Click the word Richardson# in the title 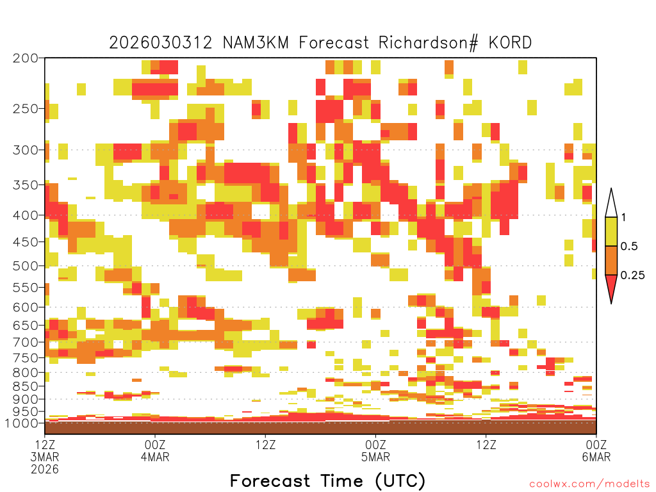click(428, 43)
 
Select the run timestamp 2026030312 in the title click(161, 43)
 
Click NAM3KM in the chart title click(256, 43)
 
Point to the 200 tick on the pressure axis click(26, 58)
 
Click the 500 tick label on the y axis click(26, 266)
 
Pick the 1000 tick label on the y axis click(21, 423)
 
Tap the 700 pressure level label click(26, 342)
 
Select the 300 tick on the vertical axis click(26, 150)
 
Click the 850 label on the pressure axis click(26, 386)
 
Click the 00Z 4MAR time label click(155, 450)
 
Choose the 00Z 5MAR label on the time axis click(375, 450)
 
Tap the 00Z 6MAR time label click(596, 450)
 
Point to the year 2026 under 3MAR click(45, 469)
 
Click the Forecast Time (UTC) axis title click(327, 481)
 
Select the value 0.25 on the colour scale click(632, 275)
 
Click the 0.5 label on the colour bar click(629, 246)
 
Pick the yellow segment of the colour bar click(611, 231)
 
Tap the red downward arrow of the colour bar click(611, 286)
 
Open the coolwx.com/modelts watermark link click(589, 484)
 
